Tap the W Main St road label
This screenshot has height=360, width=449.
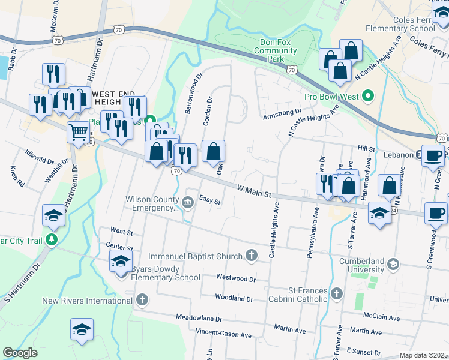click(255, 192)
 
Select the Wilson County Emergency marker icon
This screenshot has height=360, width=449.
click(188, 200)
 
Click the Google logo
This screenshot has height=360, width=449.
click(20, 352)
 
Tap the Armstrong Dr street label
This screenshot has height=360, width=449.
click(282, 113)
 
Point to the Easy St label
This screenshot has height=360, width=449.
click(210, 200)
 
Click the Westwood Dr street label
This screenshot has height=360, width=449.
click(236, 278)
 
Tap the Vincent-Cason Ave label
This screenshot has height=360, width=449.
click(223, 334)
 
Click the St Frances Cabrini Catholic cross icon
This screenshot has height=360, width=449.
click(337, 294)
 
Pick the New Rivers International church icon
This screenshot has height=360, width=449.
click(142, 299)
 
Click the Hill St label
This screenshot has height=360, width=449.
click(366, 148)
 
